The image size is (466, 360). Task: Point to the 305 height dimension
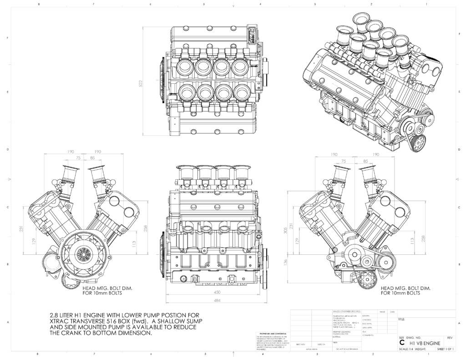(x=285, y=231)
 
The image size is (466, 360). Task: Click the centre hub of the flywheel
(x=84, y=253)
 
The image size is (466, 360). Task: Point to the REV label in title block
(x=450, y=338)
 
